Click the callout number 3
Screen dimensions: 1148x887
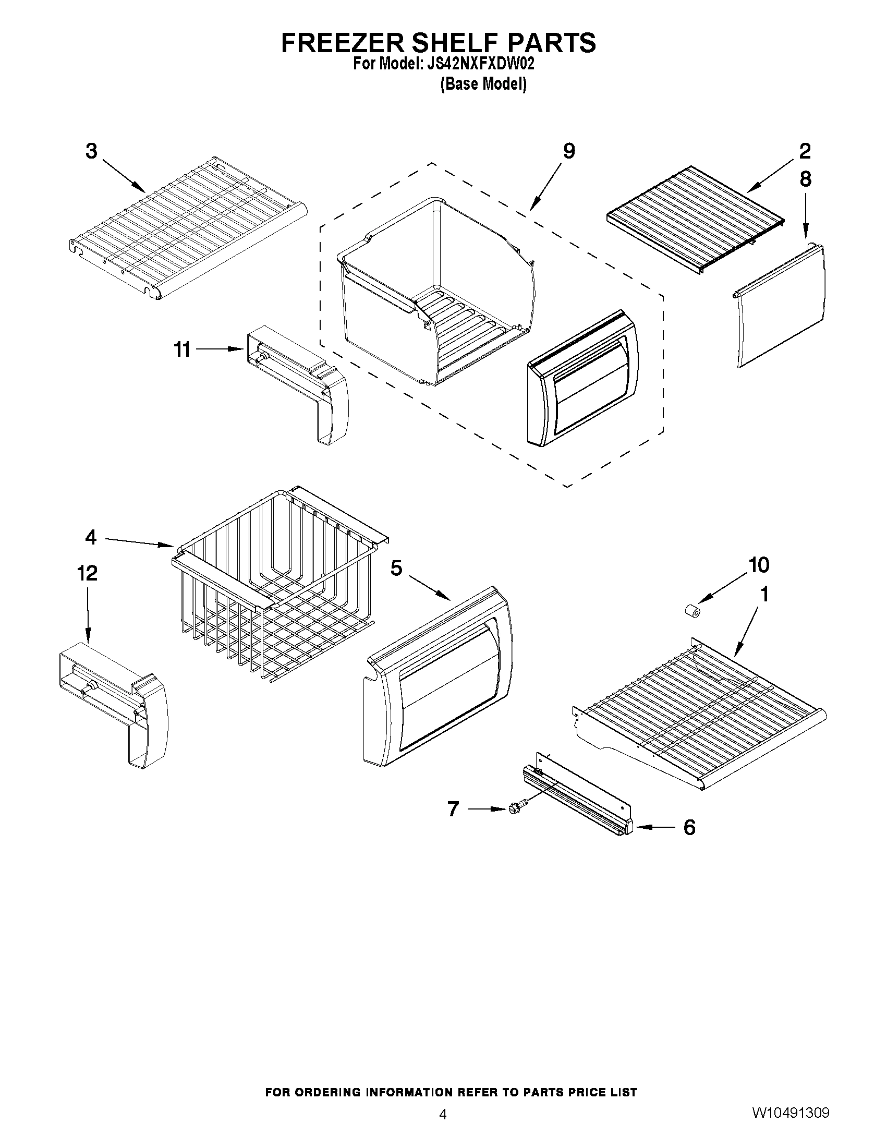click(x=91, y=151)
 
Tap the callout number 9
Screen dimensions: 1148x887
click(x=569, y=151)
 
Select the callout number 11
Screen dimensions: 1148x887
click(x=183, y=349)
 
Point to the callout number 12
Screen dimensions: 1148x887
click(x=87, y=573)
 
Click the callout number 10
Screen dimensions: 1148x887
click(x=759, y=565)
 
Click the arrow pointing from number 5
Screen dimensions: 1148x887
click(x=429, y=588)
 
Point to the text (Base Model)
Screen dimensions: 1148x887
click(x=483, y=84)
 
